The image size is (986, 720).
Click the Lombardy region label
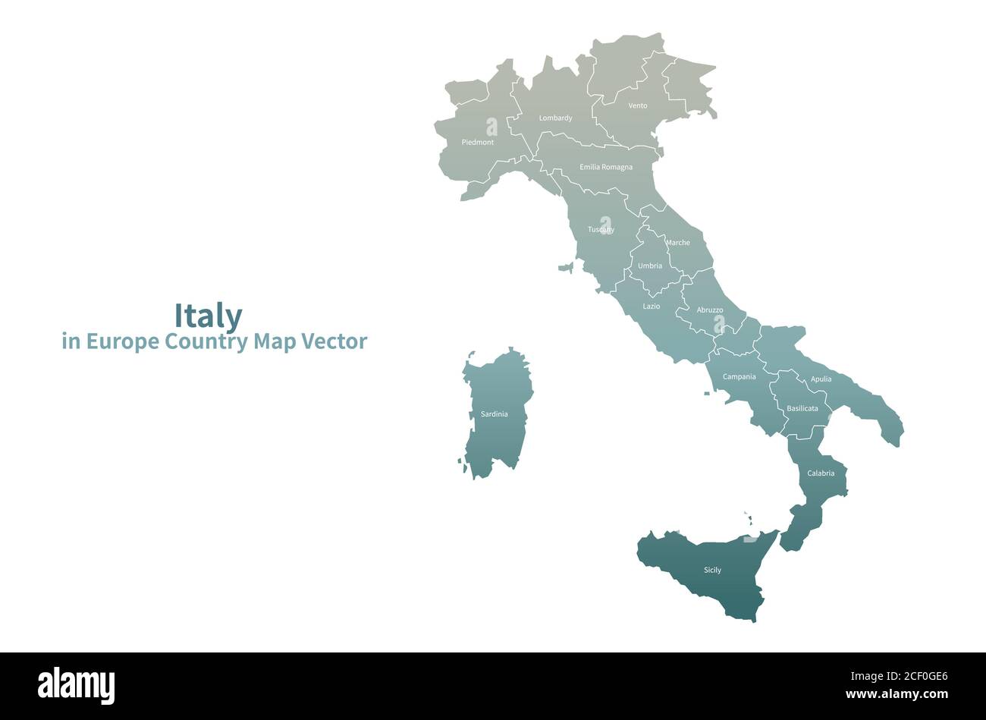(x=555, y=118)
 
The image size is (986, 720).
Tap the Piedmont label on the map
(x=477, y=143)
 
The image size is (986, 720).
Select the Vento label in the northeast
(x=638, y=106)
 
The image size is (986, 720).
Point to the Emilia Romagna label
(x=605, y=167)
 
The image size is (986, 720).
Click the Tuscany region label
(x=601, y=229)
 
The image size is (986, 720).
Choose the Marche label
(x=678, y=243)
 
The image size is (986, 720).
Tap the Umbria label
(x=650, y=266)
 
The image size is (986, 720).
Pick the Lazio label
(x=652, y=307)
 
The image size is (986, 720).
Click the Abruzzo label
(x=710, y=310)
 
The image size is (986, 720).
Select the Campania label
(x=739, y=377)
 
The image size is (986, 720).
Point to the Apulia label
(x=821, y=379)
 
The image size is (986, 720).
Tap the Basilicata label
(x=802, y=408)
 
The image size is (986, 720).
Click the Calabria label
(x=821, y=473)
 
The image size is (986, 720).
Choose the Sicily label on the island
(x=712, y=570)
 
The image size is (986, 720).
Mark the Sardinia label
(x=495, y=414)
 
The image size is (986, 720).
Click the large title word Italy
(x=209, y=315)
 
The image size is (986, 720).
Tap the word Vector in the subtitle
(x=334, y=341)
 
